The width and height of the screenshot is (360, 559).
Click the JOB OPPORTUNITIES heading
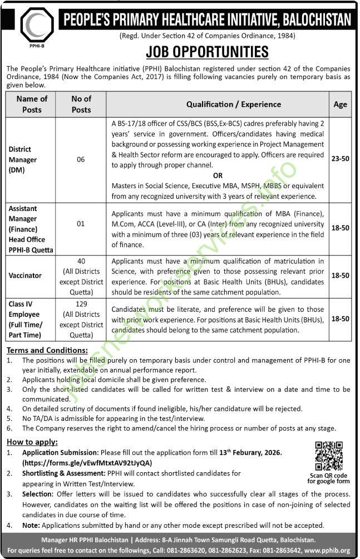(206, 52)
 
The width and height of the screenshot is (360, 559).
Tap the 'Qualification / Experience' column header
(233, 104)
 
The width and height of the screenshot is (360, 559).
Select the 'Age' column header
(341, 104)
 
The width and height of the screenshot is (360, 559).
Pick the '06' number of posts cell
(81, 159)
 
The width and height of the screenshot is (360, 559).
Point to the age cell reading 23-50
(341, 159)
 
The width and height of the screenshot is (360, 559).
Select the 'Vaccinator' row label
(25, 275)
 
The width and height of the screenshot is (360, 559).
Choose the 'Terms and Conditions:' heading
(47, 350)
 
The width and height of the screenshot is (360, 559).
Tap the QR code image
(328, 456)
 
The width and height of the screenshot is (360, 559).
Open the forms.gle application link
(87, 463)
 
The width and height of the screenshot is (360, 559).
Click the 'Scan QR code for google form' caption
(328, 478)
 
